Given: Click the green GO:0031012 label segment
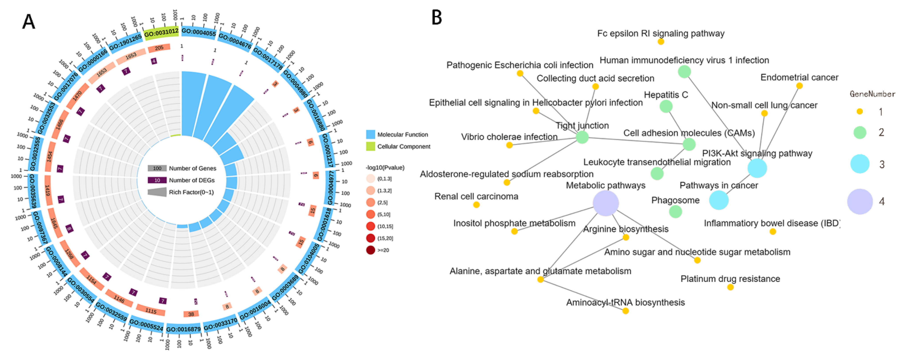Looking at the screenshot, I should point(161,32).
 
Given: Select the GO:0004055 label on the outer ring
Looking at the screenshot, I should point(198,32).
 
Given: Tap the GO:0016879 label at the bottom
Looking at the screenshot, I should point(183,329).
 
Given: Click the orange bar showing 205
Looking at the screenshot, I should point(159,48).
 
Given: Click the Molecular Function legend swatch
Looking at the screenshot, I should point(370,134).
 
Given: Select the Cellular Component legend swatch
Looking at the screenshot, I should point(370,146).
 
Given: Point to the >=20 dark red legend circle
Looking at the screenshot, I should point(370,250).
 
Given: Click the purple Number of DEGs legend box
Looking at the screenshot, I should point(157,180).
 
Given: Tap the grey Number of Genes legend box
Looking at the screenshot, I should point(157,168).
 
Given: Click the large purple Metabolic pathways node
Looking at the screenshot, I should point(606,203).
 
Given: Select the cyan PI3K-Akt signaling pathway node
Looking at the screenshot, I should point(757,168).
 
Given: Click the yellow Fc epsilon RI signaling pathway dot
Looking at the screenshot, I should point(661,42).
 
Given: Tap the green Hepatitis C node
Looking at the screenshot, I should point(666,106).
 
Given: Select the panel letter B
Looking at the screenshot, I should point(437,18).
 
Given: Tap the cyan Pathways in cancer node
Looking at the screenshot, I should point(719,200).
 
